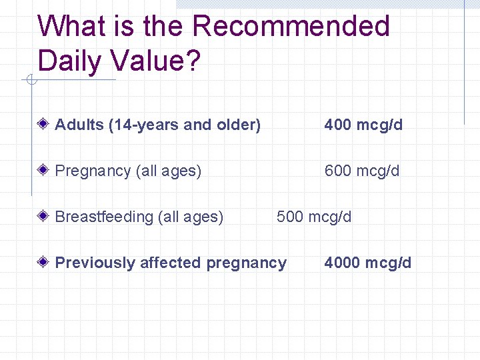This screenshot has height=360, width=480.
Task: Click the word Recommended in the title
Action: tap(291, 27)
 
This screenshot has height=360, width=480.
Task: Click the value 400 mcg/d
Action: tap(363, 125)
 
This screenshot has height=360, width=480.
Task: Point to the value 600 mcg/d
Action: tap(362, 171)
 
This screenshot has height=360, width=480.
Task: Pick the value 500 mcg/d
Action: tap(314, 217)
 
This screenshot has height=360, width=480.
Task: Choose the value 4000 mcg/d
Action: tap(368, 263)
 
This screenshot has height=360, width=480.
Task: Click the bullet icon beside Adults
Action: tap(43, 124)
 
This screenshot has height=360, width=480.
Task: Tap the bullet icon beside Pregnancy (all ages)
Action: tap(43, 170)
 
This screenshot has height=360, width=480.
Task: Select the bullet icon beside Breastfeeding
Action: tap(43, 216)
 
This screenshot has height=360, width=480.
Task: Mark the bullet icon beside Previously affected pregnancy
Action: tap(43, 262)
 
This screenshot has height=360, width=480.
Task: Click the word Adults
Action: tap(79, 125)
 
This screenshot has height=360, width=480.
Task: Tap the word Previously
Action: tap(95, 263)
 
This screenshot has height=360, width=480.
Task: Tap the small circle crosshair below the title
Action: tap(30, 81)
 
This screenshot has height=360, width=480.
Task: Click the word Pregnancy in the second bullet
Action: tap(93, 171)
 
